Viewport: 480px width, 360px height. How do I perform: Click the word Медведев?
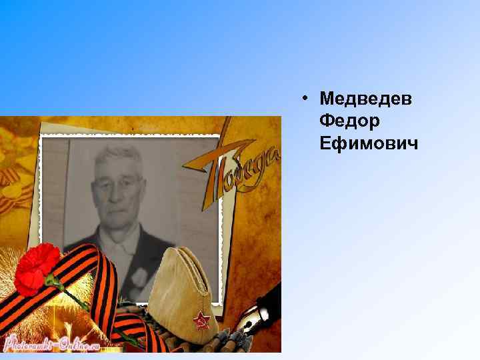(x=366, y=99)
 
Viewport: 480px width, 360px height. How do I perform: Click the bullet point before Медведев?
(x=303, y=99)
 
